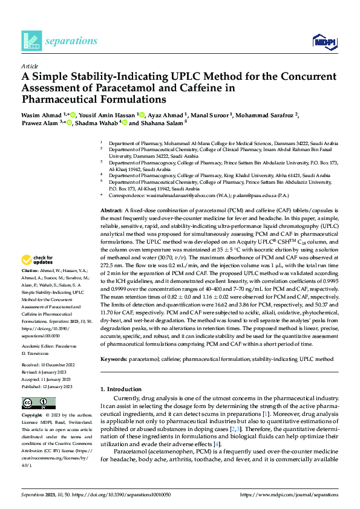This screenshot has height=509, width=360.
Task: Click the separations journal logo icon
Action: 31,41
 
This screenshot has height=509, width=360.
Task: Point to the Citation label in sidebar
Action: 30,270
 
